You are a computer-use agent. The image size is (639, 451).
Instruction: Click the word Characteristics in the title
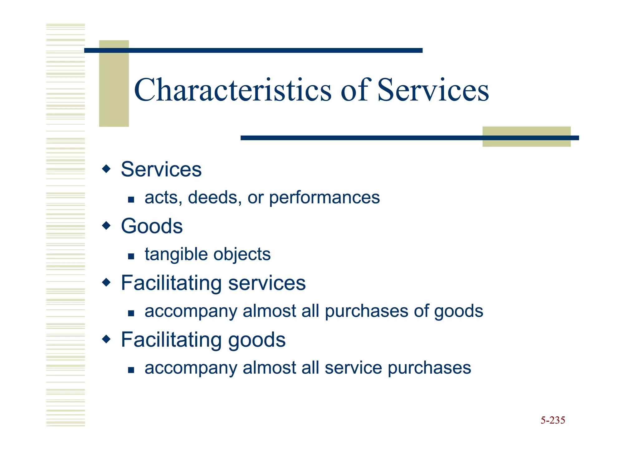(232, 90)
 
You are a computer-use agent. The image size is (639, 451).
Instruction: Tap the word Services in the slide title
(433, 90)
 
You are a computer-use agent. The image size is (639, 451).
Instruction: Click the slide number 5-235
(553, 420)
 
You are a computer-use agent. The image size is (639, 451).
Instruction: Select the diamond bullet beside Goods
(106, 225)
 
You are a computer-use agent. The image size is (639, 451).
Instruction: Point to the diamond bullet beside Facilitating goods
(106, 339)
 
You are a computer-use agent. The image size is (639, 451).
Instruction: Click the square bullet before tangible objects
(131, 257)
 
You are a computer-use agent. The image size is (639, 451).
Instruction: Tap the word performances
(324, 198)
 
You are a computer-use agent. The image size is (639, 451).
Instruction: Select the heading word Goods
(152, 226)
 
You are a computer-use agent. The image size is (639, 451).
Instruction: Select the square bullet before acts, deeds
(131, 200)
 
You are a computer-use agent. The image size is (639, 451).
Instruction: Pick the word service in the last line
(353, 368)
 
